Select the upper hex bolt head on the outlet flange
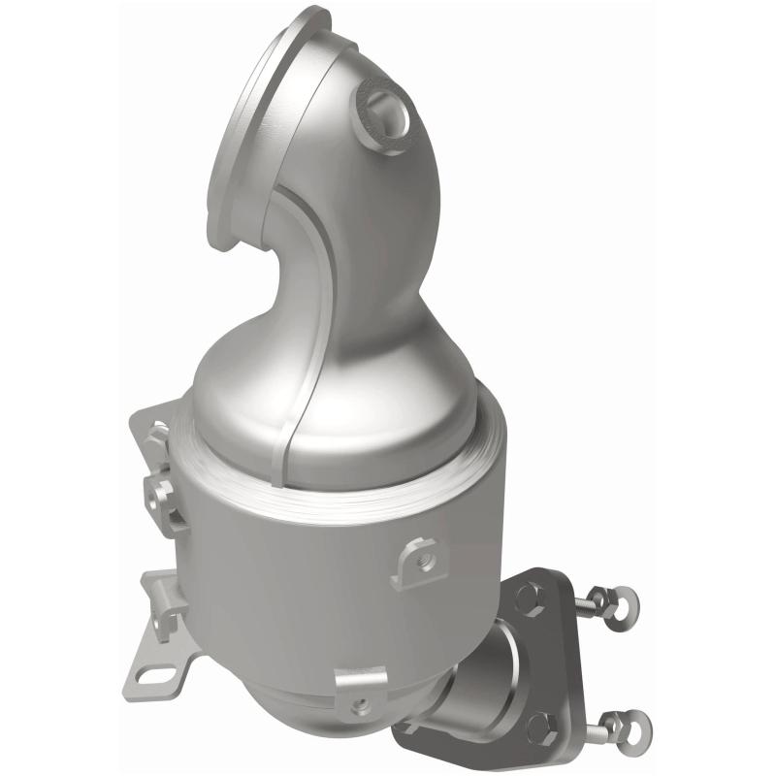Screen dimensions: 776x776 (x=529, y=598)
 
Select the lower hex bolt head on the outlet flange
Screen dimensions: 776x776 (x=540, y=724)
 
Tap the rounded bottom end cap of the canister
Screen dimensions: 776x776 (x=291, y=679)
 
